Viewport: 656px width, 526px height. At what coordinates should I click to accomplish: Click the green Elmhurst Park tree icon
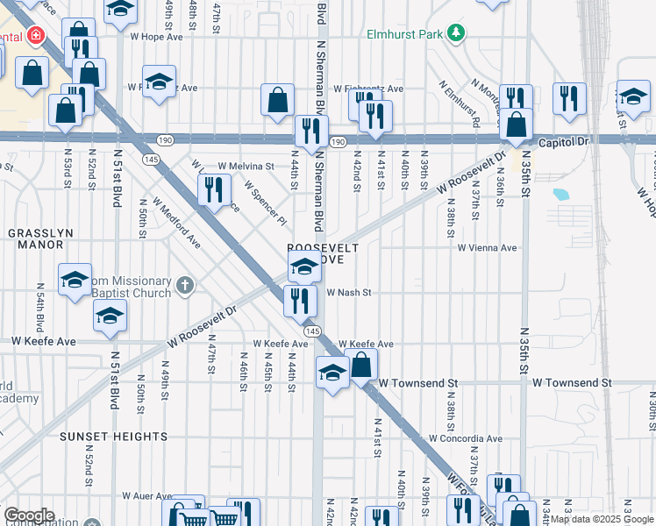tap(455, 34)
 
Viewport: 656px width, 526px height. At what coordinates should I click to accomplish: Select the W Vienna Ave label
tap(487, 248)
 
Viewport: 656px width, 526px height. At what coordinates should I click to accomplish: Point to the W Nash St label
tap(350, 293)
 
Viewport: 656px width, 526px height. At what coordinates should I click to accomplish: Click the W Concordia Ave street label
tap(465, 438)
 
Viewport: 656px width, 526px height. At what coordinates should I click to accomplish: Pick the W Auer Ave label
tap(146, 495)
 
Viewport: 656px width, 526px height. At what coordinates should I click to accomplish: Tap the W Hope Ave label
tap(156, 37)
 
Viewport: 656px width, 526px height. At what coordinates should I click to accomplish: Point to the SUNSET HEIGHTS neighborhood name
tap(113, 436)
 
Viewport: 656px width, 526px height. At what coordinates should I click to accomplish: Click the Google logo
tap(29, 515)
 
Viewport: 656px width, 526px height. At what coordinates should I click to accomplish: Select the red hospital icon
tap(36, 36)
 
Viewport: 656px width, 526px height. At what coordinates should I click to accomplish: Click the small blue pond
tap(560, 194)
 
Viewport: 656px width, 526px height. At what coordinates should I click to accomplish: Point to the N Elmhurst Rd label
tap(461, 106)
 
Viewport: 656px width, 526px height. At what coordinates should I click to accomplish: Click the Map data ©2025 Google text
tap(602, 519)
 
